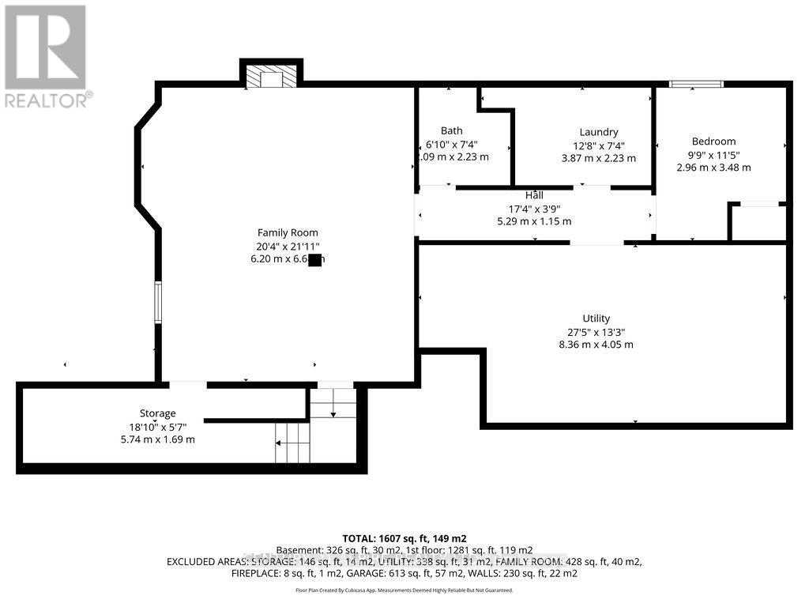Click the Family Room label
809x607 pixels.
click(288, 232)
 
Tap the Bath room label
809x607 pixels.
click(452, 130)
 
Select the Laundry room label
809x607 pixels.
click(598, 132)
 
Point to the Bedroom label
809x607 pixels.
click(713, 141)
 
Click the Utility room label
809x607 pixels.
click(596, 319)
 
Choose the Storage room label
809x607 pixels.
click(157, 413)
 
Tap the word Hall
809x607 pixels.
click(534, 195)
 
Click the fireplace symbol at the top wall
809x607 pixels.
click(271, 77)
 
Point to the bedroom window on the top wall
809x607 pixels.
click(696, 84)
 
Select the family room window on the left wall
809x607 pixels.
click(158, 303)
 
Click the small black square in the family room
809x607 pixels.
click(314, 260)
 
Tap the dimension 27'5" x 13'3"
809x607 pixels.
click(596, 332)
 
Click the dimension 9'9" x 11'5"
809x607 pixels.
click(713, 155)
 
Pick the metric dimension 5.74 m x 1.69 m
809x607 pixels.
click(157, 439)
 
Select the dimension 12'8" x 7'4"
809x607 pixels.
click(598, 145)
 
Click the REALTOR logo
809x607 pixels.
click(46, 56)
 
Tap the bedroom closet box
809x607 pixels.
click(758, 222)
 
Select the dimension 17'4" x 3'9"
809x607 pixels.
click(534, 209)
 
